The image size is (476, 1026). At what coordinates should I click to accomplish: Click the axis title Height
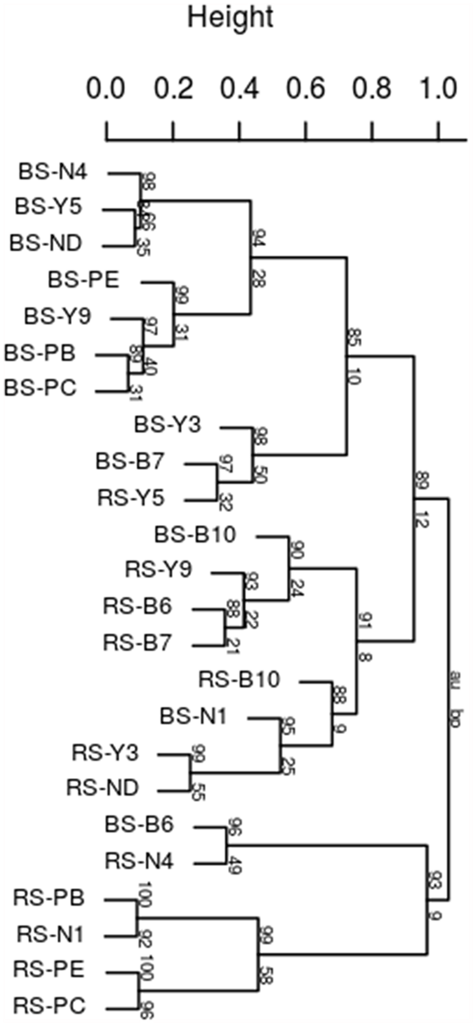pos(230,17)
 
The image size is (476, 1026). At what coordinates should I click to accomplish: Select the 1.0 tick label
pos(439,89)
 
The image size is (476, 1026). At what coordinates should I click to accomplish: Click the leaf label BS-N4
pos(53,172)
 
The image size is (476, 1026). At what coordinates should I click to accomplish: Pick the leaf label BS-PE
pos(84,281)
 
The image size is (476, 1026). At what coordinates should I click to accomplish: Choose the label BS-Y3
pos(168,425)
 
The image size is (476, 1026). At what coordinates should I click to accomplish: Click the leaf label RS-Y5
pos(131,498)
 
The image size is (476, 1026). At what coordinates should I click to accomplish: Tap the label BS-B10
pos(195,535)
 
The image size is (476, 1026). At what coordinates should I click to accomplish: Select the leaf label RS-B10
pos(239,679)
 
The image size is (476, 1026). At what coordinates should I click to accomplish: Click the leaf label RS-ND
pos(103,788)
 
